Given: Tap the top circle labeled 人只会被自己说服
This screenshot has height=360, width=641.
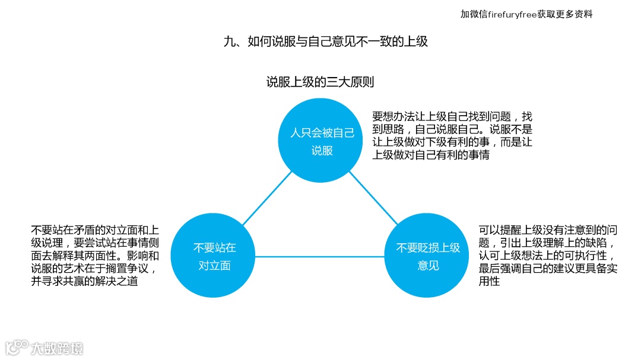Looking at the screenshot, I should [x=322, y=141].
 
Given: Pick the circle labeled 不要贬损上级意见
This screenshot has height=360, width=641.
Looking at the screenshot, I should [x=428, y=256].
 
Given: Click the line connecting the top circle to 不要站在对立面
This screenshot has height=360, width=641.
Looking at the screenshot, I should [x=268, y=199].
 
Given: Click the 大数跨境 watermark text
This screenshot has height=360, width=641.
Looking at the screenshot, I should [x=57, y=348].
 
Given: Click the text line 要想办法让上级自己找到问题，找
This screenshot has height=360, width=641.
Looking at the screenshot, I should [x=452, y=116].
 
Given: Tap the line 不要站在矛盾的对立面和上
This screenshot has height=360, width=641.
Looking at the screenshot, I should [x=95, y=230].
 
